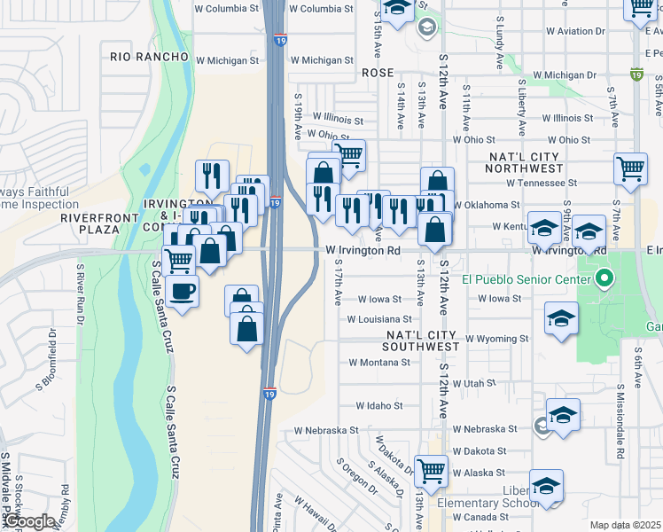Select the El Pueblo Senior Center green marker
click(604, 280)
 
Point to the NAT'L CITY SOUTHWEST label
click(422, 335)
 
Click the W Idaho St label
click(378, 405)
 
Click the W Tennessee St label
click(542, 183)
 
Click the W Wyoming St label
click(496, 339)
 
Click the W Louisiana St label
click(379, 319)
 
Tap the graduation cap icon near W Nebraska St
click(563, 414)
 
